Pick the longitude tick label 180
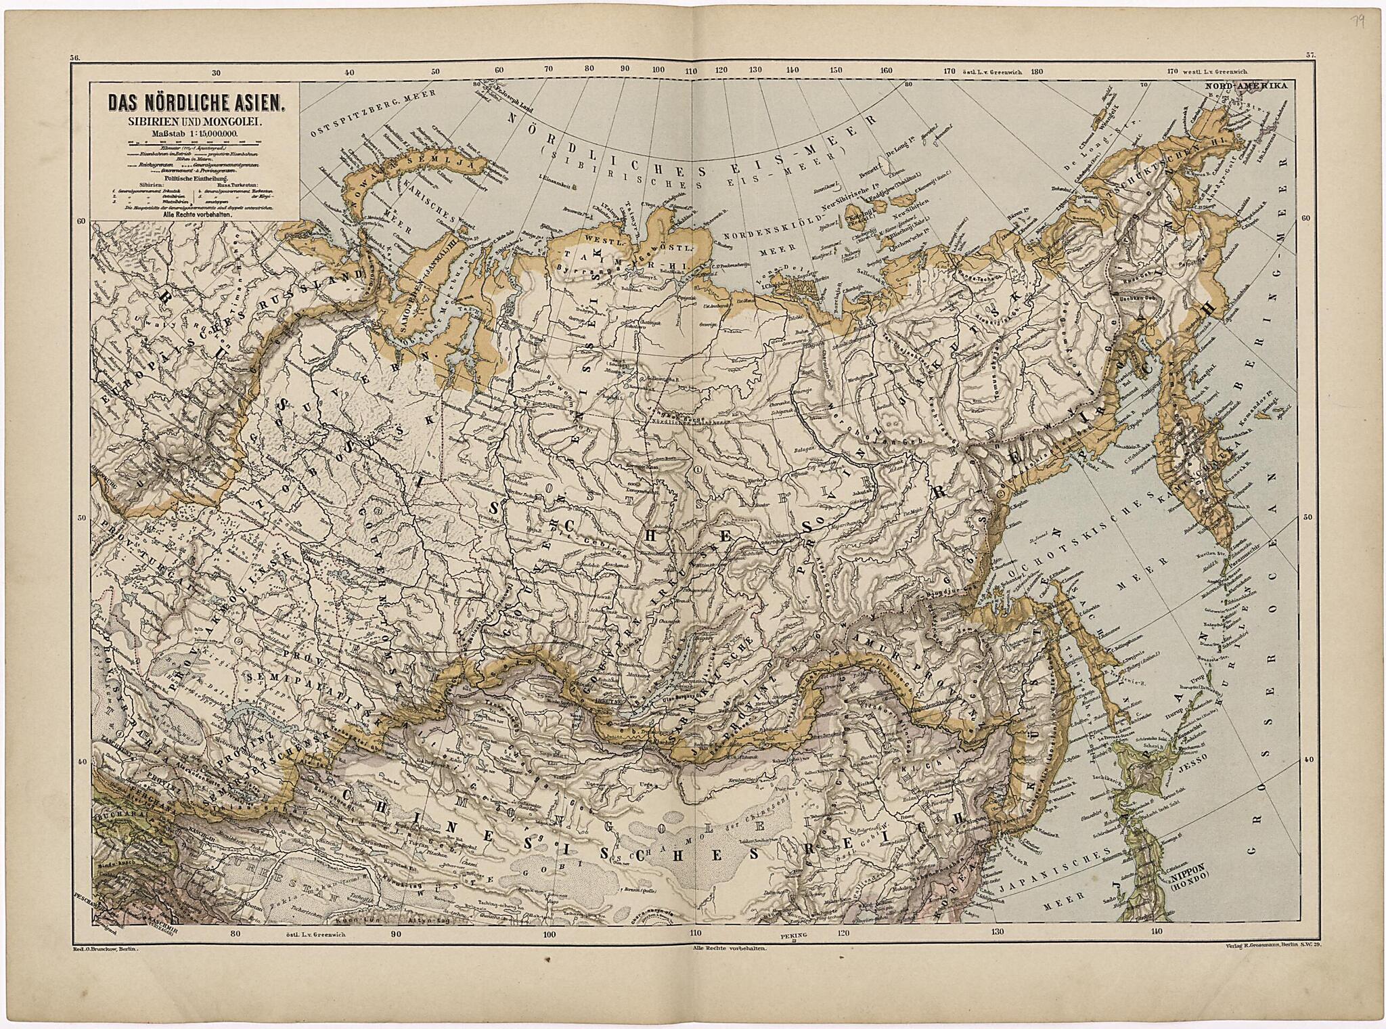pos(1035,70)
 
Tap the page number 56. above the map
pos(74,58)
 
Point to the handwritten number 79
pos(1356,22)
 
